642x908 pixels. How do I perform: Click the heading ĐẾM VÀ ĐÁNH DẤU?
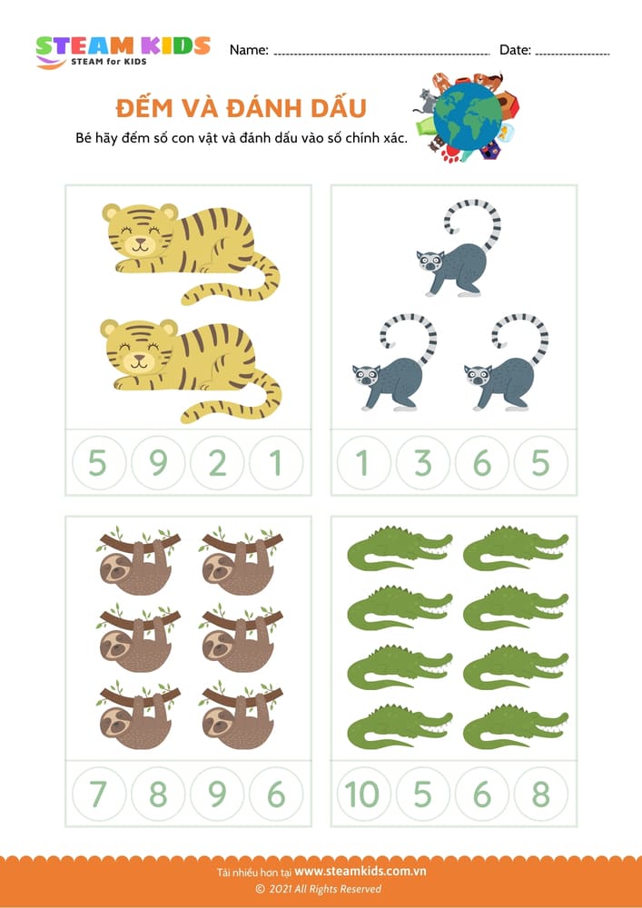point(241,109)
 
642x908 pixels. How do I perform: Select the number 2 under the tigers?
point(217,464)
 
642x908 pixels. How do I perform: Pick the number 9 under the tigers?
point(158,464)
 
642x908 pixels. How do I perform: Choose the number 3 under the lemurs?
point(423,464)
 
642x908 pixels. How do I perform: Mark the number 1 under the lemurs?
point(363,464)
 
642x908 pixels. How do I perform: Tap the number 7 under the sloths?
point(98,794)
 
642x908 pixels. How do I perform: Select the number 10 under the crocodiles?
point(362,794)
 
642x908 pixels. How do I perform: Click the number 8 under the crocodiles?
point(541,794)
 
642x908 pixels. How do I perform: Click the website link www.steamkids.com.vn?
point(361,872)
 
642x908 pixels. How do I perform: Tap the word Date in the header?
point(514,50)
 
